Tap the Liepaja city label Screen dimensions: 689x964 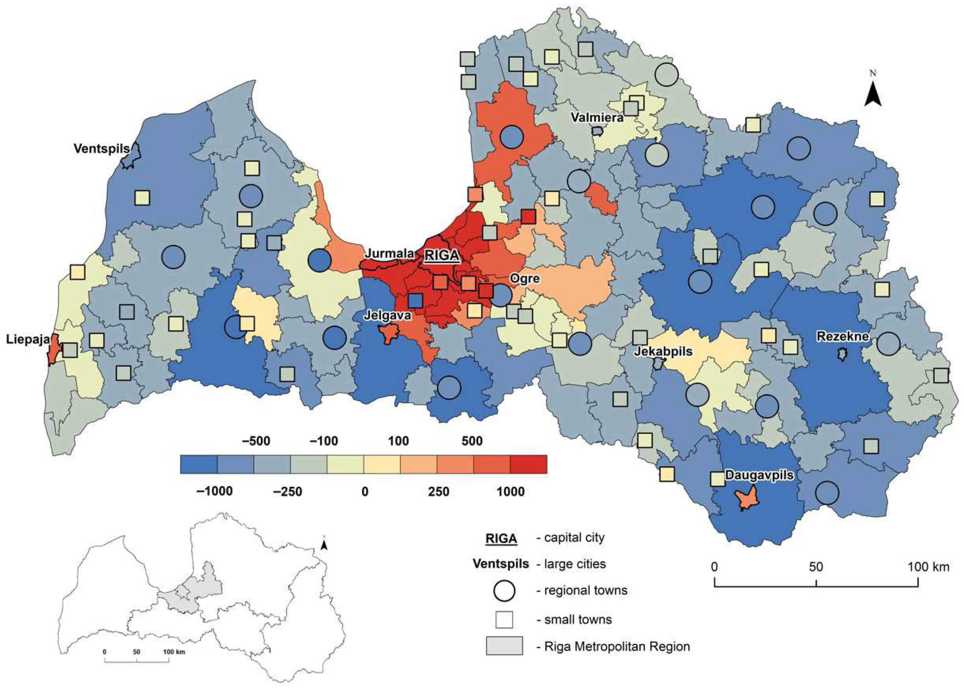[28, 339]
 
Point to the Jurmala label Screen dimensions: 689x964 [389, 253]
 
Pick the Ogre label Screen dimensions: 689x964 [525, 278]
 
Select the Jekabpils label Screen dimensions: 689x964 [663, 351]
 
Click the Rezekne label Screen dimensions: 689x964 [843, 337]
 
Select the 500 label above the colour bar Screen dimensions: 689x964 [472, 441]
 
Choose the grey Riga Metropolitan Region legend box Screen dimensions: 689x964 [504, 646]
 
